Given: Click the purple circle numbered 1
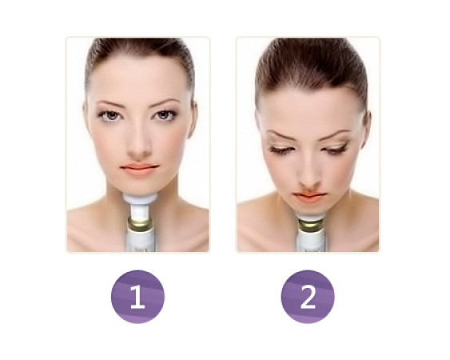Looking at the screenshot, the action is (137, 297).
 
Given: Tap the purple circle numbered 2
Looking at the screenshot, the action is (308, 297).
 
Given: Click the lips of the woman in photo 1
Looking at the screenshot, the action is (139, 170).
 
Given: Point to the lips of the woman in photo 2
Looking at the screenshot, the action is (309, 198).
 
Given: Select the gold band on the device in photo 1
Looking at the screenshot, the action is (140, 224).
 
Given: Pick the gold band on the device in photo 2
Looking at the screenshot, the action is (310, 226).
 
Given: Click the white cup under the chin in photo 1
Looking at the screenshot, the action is (141, 199).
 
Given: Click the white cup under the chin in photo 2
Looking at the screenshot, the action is (310, 216).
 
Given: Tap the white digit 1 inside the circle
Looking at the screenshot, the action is (137, 297).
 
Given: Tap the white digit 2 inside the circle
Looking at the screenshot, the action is (308, 297).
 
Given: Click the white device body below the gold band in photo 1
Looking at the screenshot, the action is (140, 241).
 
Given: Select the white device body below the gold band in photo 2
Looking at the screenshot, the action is (311, 242).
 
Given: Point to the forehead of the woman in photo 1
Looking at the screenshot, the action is (138, 78).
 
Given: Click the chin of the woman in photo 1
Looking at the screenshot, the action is (140, 186).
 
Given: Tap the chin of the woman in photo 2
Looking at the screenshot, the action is (309, 209).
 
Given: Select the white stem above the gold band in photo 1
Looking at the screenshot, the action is (140, 211).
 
